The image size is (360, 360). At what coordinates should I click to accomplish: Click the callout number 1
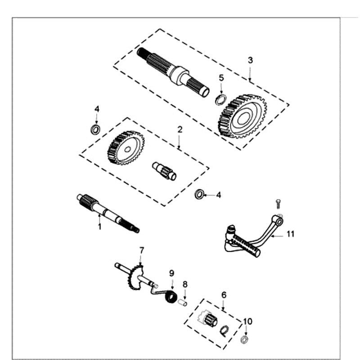[100, 227]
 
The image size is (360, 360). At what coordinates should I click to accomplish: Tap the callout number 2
[180, 129]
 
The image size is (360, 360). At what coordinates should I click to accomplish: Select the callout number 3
[250, 60]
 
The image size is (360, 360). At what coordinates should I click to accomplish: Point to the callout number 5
[221, 77]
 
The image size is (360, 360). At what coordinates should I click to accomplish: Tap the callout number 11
[290, 234]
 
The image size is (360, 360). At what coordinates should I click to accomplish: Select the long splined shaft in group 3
[173, 72]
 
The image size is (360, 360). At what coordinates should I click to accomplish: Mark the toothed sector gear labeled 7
[135, 277]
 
